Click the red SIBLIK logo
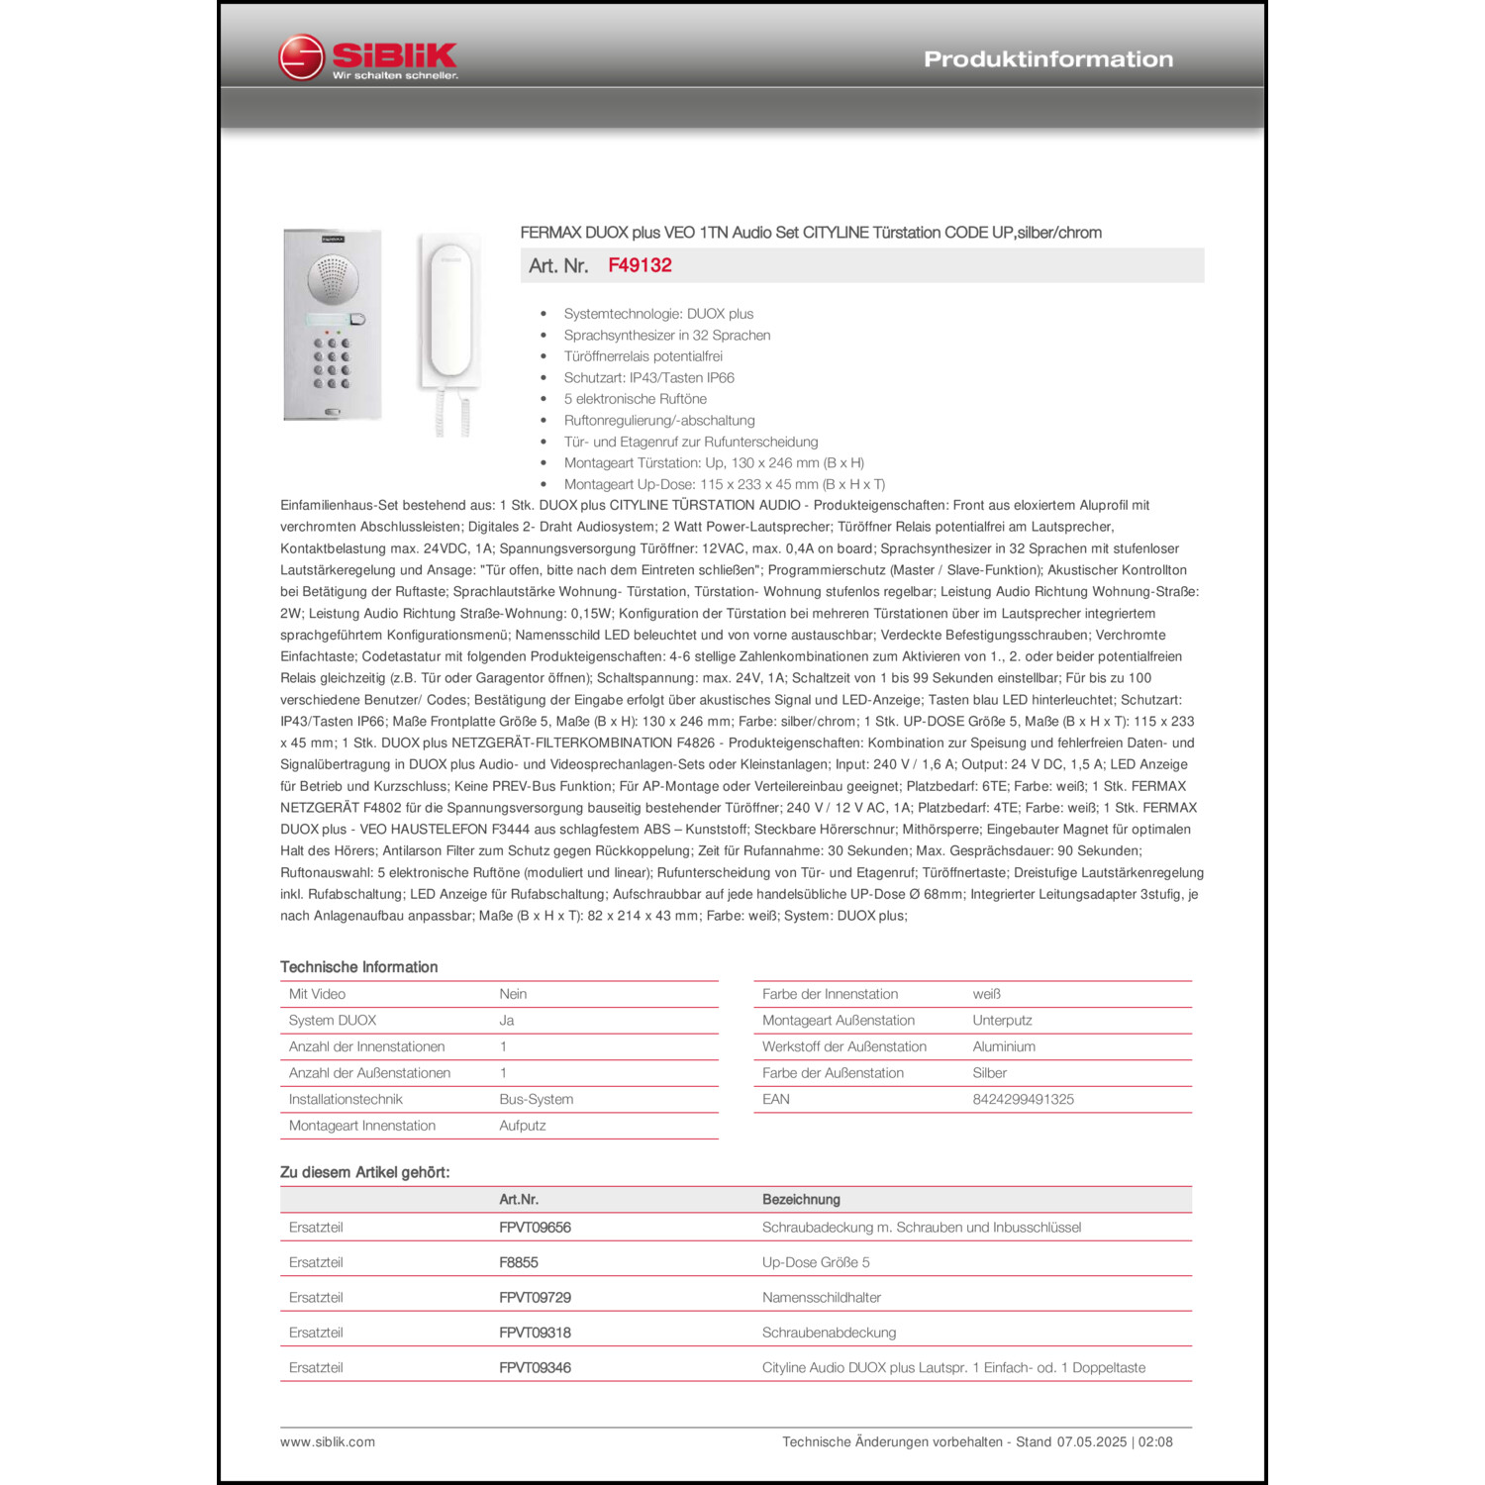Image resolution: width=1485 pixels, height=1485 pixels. click(367, 58)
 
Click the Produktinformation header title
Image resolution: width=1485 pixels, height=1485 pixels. click(1047, 59)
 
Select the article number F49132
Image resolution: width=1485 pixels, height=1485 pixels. click(640, 265)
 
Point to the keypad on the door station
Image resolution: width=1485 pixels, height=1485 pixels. click(332, 363)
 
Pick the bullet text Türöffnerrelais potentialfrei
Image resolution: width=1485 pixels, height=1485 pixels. click(643, 356)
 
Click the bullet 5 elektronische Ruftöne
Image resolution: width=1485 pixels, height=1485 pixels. click(635, 399)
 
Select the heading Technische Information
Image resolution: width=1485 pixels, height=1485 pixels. click(358, 967)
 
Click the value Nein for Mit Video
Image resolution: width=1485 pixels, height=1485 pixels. click(513, 994)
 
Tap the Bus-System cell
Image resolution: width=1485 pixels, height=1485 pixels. click(536, 1099)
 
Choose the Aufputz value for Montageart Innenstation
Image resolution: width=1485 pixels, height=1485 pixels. click(522, 1126)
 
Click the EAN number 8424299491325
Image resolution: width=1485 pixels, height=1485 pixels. click(1023, 1099)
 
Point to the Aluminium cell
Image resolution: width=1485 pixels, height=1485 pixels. click(1004, 1046)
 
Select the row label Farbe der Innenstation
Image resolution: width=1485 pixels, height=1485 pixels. click(830, 994)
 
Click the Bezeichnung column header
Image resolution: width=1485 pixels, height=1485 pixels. click(801, 1200)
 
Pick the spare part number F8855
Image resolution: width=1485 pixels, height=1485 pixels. click(519, 1262)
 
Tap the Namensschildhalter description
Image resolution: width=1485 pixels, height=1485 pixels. click(821, 1298)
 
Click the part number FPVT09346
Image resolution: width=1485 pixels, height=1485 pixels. click(535, 1368)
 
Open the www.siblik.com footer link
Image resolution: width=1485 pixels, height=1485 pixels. click(328, 1442)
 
